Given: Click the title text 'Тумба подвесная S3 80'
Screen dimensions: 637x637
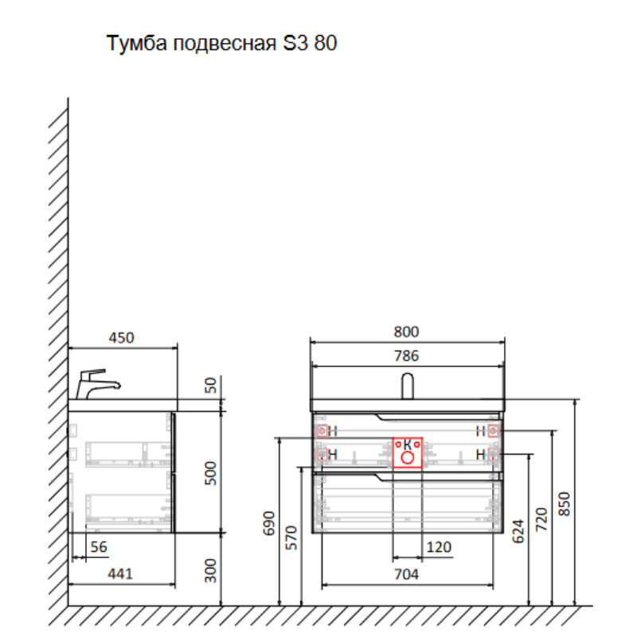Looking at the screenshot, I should tap(222, 44).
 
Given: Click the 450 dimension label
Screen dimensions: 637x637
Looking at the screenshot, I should tap(121, 338).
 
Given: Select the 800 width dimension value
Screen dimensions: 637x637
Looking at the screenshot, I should tap(406, 331).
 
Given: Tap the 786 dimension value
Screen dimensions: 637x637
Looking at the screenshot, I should tap(406, 356).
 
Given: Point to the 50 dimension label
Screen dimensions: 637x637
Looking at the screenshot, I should tap(210, 385).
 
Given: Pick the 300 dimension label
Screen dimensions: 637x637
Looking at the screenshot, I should tap(210, 570).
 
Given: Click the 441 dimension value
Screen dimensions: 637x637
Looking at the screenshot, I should tap(120, 573).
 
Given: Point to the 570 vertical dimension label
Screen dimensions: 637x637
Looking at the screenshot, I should tap(291, 538).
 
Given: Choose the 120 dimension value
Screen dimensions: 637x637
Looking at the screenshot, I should tap(439, 547).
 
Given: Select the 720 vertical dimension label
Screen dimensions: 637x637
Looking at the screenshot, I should tap(542, 518).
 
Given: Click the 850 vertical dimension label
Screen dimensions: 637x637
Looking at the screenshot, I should tap(565, 502).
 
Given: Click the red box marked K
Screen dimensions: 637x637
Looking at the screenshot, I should tap(407, 451).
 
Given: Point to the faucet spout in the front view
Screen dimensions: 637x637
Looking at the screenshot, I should tap(408, 385).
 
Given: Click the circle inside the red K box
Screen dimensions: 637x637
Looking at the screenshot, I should tap(408, 458).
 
